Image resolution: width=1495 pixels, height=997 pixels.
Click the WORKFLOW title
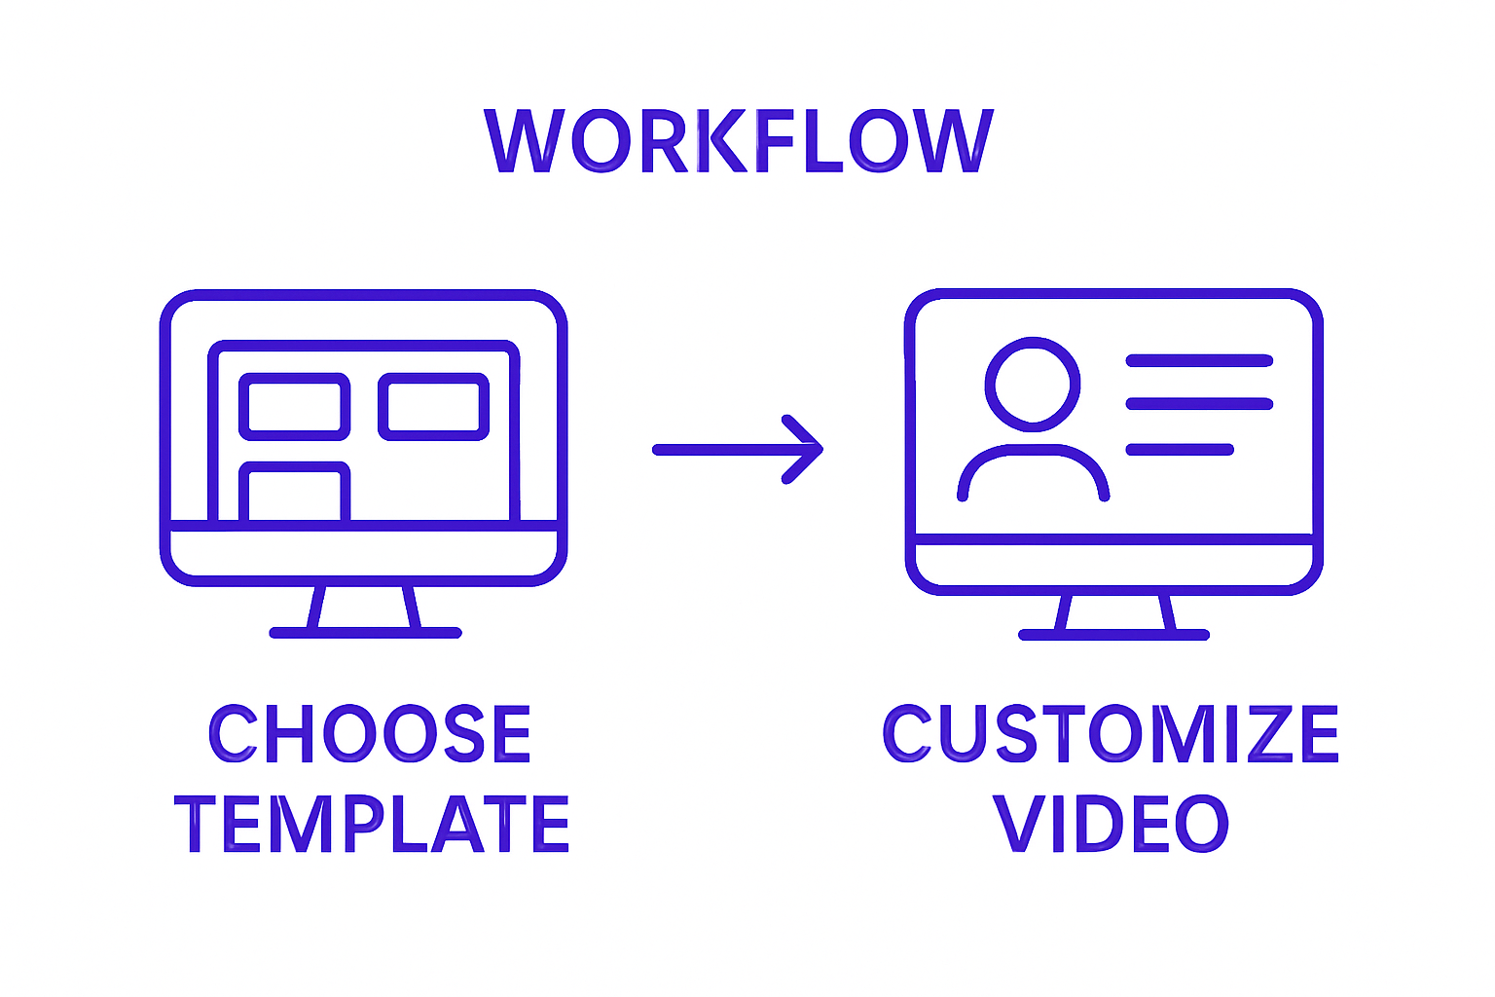[x=739, y=141]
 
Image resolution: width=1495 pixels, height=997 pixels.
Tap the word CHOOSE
[x=370, y=734]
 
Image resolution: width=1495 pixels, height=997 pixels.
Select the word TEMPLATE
[x=372, y=824]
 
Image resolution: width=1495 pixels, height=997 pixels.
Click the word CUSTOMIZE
[x=1111, y=734]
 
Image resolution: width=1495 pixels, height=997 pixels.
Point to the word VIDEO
[x=1111, y=824]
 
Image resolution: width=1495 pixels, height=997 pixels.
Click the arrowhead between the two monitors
[x=804, y=449]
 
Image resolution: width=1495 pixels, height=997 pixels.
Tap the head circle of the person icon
[x=1033, y=384]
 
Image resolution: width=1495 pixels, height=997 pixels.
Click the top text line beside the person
[x=1199, y=360]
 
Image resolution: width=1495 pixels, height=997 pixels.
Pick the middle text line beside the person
[x=1199, y=404]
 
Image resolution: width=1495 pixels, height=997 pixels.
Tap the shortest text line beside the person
[x=1180, y=449]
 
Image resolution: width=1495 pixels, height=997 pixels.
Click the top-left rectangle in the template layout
[x=294, y=406]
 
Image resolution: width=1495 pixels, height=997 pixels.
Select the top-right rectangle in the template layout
[x=433, y=406]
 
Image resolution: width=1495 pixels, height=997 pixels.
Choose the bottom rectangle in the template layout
[x=294, y=493]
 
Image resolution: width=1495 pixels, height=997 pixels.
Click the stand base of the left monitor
[x=365, y=633]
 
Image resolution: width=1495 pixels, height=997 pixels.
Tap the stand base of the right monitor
[x=1113, y=635]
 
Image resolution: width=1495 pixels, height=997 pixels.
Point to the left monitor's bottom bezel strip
[x=363, y=554]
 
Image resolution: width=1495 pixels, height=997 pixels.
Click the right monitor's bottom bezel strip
[x=1113, y=564]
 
